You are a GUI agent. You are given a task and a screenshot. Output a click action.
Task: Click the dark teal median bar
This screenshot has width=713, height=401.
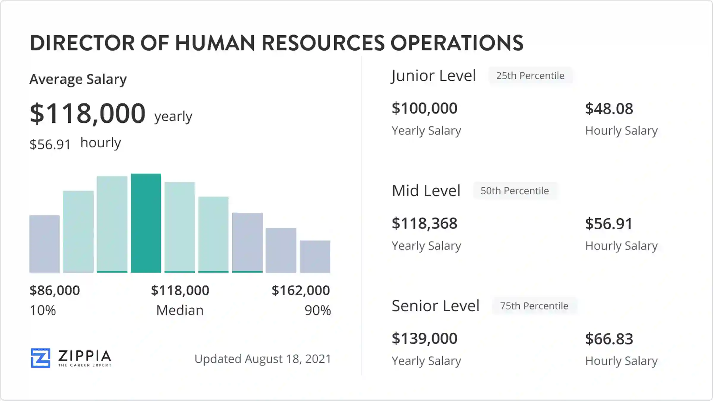point(146,223)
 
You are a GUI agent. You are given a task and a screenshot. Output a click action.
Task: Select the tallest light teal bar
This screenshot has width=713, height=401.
point(112,224)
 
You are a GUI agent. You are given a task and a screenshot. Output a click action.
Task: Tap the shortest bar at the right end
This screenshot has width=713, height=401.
point(315,256)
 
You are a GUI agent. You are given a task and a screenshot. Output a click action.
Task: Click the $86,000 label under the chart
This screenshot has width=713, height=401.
point(55,290)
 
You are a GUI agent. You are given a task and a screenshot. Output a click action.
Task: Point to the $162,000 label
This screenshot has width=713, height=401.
point(301,290)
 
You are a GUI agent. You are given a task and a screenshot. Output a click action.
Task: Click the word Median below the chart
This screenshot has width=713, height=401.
point(180,310)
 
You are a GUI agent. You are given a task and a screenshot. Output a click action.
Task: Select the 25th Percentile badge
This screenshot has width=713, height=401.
point(530,76)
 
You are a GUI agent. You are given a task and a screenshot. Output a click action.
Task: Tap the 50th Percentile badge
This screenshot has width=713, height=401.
point(515,191)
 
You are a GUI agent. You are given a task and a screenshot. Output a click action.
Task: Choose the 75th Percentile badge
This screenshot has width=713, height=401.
point(534,306)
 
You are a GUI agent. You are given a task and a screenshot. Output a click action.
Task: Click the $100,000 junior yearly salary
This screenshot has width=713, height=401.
point(424,108)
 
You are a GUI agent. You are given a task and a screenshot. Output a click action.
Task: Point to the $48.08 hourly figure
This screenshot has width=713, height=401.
point(609,109)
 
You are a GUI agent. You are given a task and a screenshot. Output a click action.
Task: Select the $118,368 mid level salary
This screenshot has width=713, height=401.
point(424,223)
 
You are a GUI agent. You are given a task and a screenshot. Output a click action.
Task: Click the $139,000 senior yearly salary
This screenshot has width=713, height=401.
point(424,339)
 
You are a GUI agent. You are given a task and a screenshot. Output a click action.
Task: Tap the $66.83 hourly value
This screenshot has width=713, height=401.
point(609,339)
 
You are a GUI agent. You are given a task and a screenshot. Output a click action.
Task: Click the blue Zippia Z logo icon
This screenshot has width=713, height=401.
point(41,358)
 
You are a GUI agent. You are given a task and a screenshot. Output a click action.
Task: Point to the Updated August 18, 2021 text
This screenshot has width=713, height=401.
point(263,359)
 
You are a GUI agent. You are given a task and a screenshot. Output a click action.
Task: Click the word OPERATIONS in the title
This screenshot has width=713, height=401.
point(457,43)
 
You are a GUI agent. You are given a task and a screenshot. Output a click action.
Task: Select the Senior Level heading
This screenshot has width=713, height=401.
point(435,306)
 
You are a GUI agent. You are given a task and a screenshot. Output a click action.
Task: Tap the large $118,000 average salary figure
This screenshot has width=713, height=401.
point(88,113)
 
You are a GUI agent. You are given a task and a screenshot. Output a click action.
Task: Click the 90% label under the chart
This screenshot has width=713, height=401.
point(318,310)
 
